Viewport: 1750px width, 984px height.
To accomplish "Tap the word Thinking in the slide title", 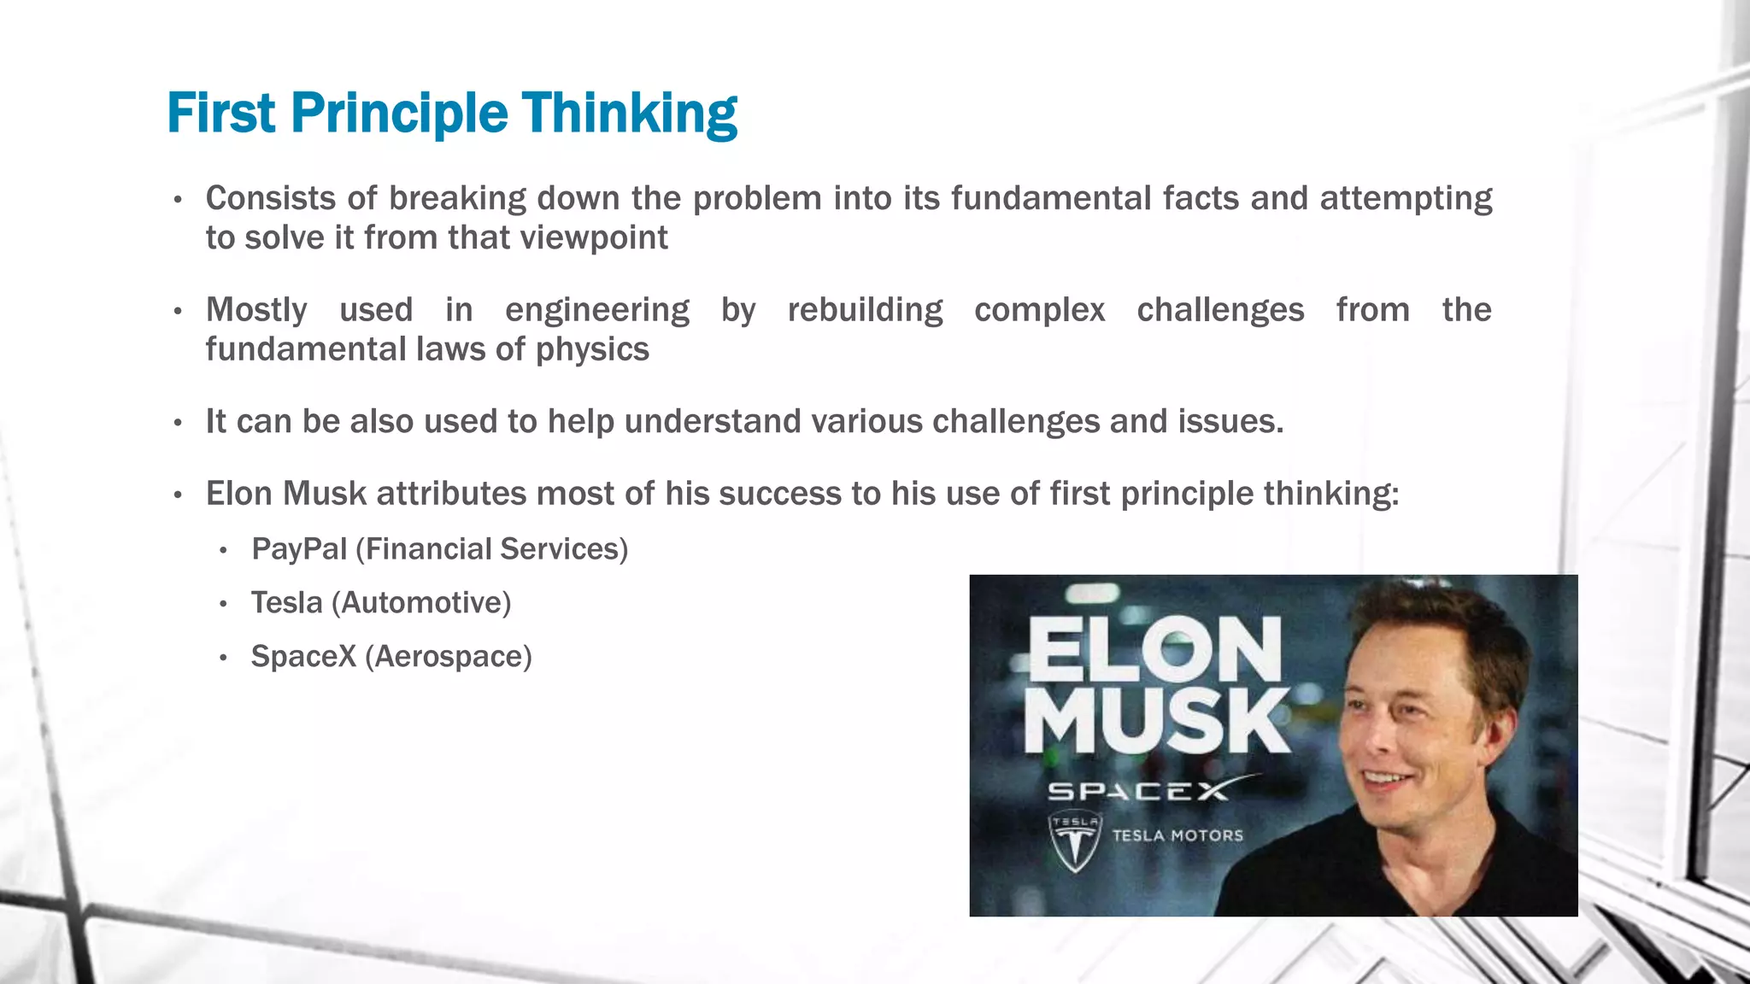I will [x=630, y=114].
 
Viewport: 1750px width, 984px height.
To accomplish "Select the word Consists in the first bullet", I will [x=271, y=198].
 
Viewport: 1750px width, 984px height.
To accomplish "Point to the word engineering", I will [x=596, y=310].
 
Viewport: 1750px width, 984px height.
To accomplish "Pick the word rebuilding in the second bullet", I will [x=865, y=310].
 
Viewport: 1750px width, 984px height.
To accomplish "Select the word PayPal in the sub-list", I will [x=299, y=549].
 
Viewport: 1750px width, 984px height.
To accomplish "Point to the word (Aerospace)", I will [x=448, y=657].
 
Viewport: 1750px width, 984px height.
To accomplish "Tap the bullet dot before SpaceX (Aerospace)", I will [x=223, y=659].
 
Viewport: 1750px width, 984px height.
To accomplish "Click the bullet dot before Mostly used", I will [x=178, y=312].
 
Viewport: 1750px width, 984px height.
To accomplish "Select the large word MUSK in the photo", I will [x=1157, y=722].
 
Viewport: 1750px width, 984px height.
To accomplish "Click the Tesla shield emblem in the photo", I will [x=1075, y=842].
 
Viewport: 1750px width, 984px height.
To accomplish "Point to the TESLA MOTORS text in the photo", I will [x=1177, y=835].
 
